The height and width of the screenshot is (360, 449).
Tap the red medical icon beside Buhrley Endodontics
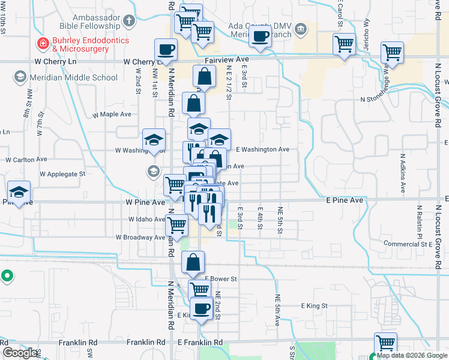pyautogui.click(x=43, y=43)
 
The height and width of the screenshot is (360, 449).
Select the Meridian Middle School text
pyautogui.click(x=71, y=77)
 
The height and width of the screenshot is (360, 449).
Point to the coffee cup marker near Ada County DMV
pyautogui.click(x=260, y=36)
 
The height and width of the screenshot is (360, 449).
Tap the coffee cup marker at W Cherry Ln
pyautogui.click(x=166, y=50)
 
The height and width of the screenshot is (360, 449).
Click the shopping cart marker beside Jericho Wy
pyautogui.click(x=344, y=44)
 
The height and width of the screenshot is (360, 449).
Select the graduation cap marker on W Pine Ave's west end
pyautogui.click(x=19, y=192)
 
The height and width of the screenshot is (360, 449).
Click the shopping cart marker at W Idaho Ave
pyautogui.click(x=176, y=226)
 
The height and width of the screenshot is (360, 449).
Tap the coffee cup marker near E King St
pyautogui.click(x=202, y=309)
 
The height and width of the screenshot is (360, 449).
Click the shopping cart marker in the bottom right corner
pyautogui.click(x=385, y=344)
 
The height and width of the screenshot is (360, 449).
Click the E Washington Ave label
pyautogui.click(x=262, y=149)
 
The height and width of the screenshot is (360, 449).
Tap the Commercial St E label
pyautogui.click(x=408, y=244)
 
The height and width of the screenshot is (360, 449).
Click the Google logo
pyautogui.click(x=20, y=353)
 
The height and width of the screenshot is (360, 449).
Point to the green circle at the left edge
pyautogui.click(x=7, y=277)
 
